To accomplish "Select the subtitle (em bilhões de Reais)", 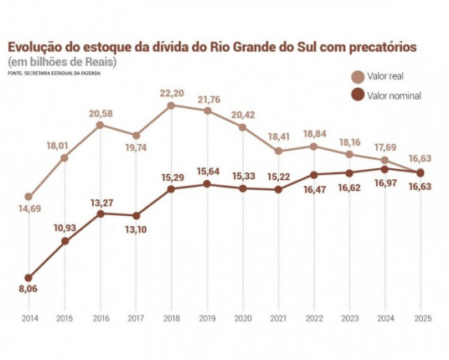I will click(x=62, y=61).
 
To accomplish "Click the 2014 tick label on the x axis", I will click(x=29, y=319).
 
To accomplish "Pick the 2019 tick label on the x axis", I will click(x=207, y=319).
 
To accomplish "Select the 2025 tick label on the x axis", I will click(x=421, y=319).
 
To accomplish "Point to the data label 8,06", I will click(x=29, y=291).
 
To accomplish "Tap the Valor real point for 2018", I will click(x=171, y=105).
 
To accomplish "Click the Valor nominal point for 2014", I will click(x=29, y=277).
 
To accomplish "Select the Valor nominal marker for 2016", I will click(x=100, y=213).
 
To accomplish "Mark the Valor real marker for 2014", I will click(x=29, y=197).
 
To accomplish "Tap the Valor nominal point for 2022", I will click(x=313, y=175).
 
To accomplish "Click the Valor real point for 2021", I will click(x=278, y=152).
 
